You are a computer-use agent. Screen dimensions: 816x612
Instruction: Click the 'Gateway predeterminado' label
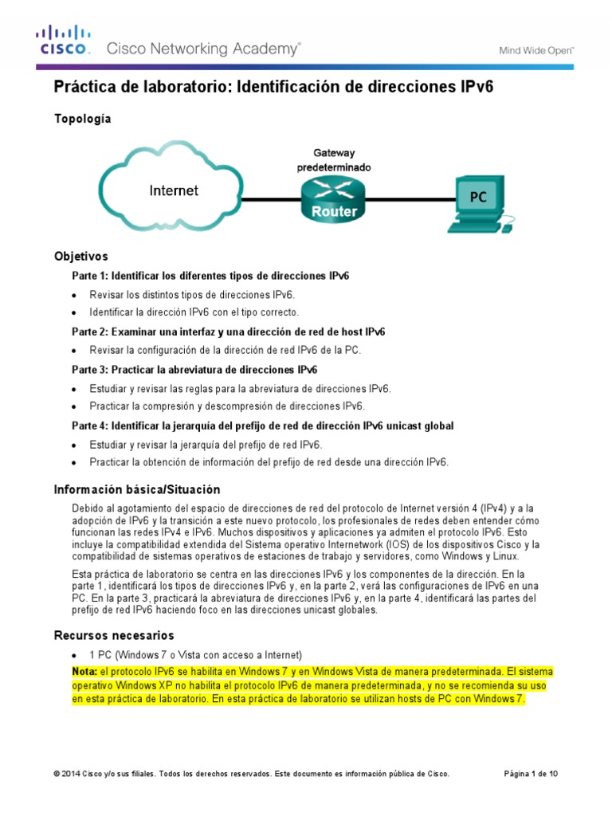point(334,160)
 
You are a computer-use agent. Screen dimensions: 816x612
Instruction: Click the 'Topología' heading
point(82,119)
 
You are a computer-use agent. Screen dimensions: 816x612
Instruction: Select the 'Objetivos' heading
point(80,257)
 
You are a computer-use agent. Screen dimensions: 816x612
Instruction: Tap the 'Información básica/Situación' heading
point(136,489)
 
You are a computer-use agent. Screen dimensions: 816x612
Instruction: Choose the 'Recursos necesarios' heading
point(114,635)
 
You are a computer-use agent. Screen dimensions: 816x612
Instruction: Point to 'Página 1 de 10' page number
point(532,774)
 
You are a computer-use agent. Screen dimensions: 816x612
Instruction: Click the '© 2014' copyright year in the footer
point(69,774)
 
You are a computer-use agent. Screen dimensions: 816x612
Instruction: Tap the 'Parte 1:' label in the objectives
point(90,276)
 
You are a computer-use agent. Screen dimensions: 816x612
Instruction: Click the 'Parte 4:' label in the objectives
point(90,426)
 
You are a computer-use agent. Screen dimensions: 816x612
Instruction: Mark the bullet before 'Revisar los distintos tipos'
point(74,295)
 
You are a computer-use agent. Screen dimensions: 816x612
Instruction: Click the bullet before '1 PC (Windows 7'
point(74,655)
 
